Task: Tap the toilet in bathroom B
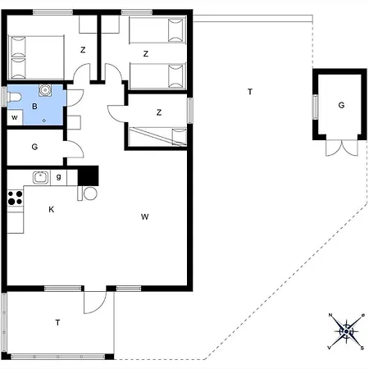tap(15, 99)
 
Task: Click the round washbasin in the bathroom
tap(46, 92)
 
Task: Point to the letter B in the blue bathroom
tap(34, 107)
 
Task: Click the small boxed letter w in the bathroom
tap(15, 117)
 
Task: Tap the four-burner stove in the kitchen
tap(15, 197)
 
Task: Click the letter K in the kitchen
tap(51, 210)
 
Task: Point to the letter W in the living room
tap(144, 217)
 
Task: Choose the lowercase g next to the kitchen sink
tap(60, 176)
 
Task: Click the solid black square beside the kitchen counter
tap(88, 175)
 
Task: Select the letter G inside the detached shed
tap(341, 106)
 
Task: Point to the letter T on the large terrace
tap(250, 92)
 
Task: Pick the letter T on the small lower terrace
tap(57, 323)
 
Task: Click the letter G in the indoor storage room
tap(34, 148)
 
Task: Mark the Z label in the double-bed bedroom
tap(83, 50)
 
